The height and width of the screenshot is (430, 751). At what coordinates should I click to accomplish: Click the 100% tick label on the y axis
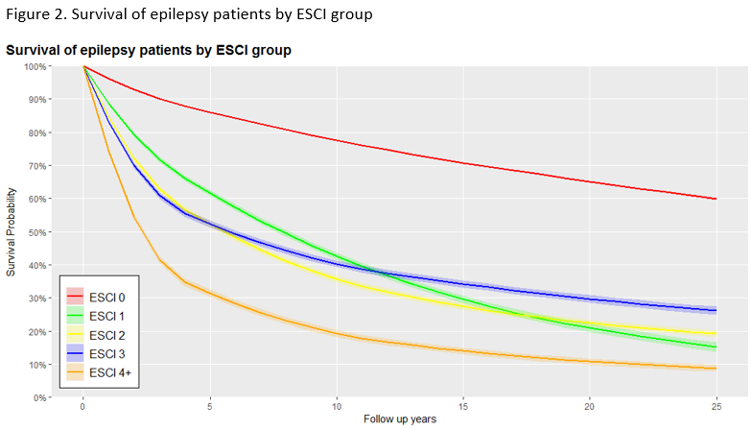click(x=35, y=66)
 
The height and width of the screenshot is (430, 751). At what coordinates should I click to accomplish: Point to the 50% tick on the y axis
click(x=37, y=231)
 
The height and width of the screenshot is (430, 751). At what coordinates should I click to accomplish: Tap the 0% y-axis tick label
click(x=40, y=397)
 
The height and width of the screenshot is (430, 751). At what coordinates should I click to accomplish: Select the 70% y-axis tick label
click(x=37, y=165)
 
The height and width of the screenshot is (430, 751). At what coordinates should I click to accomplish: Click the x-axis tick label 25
click(x=717, y=408)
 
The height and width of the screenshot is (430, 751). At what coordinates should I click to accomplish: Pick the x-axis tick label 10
click(x=337, y=408)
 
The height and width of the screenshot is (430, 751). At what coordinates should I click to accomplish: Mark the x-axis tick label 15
click(x=463, y=408)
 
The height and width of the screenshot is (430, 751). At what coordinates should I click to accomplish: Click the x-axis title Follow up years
click(x=400, y=420)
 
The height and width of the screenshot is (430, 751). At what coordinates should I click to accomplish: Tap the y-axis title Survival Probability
click(x=12, y=232)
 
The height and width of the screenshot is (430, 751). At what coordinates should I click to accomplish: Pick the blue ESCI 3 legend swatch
click(x=76, y=353)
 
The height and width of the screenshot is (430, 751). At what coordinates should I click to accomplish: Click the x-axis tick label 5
click(x=210, y=408)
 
